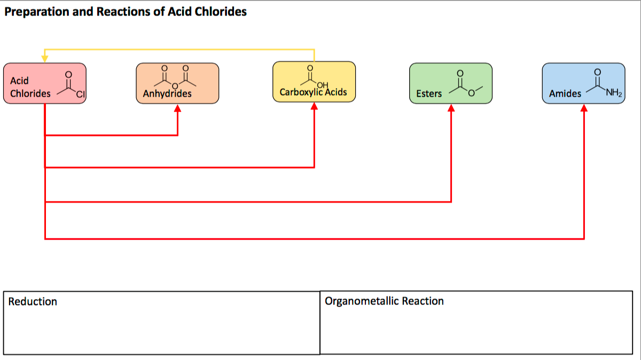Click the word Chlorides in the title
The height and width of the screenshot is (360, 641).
click(x=220, y=12)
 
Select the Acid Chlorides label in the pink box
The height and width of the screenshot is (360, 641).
click(x=30, y=87)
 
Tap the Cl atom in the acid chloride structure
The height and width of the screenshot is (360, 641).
click(x=80, y=96)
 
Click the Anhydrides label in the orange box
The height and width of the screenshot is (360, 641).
click(x=167, y=94)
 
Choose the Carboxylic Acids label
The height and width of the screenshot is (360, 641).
click(x=313, y=92)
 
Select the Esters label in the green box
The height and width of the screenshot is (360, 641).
click(x=429, y=93)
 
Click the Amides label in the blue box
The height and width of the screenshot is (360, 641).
click(x=565, y=93)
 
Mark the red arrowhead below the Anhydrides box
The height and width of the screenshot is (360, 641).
click(x=177, y=108)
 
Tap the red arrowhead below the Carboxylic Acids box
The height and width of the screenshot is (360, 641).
click(x=314, y=107)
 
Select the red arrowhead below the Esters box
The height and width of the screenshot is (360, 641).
click(x=451, y=108)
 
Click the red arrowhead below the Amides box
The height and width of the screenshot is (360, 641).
click(x=584, y=108)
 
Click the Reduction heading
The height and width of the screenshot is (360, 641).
click(x=33, y=302)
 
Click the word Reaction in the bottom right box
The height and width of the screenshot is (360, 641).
click(x=423, y=301)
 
